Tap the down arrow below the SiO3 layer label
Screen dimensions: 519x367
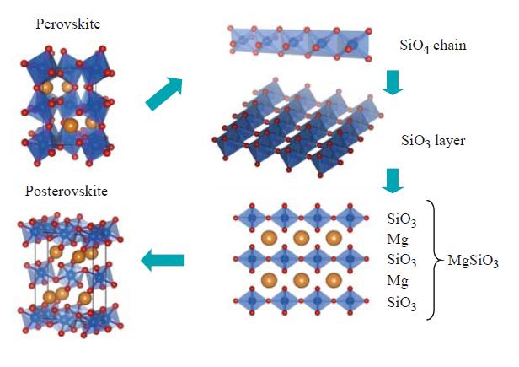392,179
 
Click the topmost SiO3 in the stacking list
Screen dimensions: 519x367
401,220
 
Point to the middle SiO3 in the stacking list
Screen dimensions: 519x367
401,261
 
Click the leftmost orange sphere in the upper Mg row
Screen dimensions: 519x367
270,239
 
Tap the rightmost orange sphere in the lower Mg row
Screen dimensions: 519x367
333,279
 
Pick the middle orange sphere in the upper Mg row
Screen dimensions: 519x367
302,239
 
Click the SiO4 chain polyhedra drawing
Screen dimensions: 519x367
298,43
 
